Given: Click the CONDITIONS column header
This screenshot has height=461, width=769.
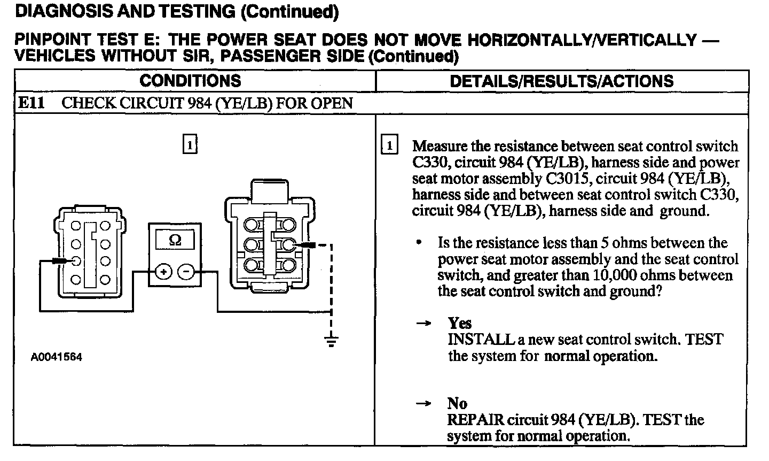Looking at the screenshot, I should pos(190,81).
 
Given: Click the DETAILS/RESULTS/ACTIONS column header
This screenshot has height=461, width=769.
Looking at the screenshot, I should pos(562,81).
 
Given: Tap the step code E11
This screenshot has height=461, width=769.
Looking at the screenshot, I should pos(31,103).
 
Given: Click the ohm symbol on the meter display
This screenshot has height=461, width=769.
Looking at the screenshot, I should pos(175,241).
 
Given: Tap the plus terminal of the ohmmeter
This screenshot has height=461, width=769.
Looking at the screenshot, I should pos(163,272).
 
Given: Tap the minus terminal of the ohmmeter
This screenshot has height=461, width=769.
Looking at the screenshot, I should pos(186,272).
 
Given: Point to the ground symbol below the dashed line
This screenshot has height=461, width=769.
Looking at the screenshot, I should pos(332,341).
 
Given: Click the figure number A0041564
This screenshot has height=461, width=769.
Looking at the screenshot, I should pos(56,357).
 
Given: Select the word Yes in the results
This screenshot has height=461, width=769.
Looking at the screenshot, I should pos(460,323).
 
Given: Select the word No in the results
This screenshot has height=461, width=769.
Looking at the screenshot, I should pos(457,404).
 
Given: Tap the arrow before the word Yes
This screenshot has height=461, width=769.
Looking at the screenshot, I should pos(423,324).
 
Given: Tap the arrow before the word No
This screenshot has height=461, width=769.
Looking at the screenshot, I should pos(423,404).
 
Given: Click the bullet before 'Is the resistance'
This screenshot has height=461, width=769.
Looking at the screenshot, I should pos(420,243).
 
